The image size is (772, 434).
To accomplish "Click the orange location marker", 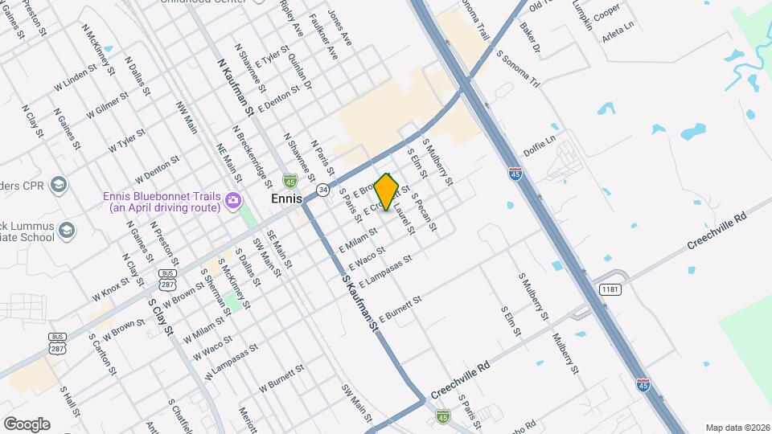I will [387, 192].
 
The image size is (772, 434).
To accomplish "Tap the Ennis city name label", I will [286, 199].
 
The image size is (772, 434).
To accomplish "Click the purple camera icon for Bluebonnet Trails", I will [233, 199].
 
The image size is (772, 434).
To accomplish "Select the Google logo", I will [27, 424].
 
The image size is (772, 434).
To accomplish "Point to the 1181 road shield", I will [609, 289].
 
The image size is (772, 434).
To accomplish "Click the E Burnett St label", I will [400, 310].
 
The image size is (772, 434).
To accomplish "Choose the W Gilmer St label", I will [106, 105].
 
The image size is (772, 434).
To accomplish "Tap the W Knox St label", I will [110, 283].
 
